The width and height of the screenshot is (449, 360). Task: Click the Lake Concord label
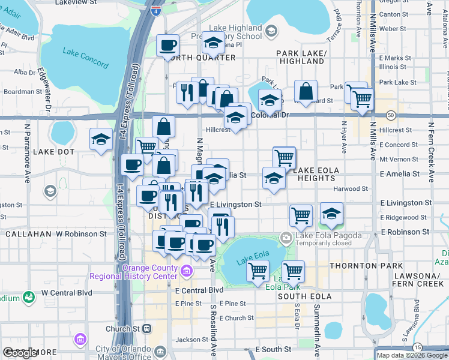coord(85,58)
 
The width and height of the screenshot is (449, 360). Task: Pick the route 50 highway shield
coord(391,114)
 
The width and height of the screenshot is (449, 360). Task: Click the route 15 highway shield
coord(417,347)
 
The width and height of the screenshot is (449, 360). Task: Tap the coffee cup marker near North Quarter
coord(167,46)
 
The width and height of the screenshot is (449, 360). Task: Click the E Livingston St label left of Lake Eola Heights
coord(235,205)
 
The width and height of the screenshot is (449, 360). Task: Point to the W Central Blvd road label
coord(66,292)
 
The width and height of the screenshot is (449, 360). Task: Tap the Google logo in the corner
coord(20,353)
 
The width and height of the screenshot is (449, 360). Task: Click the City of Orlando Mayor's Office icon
coord(80,340)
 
